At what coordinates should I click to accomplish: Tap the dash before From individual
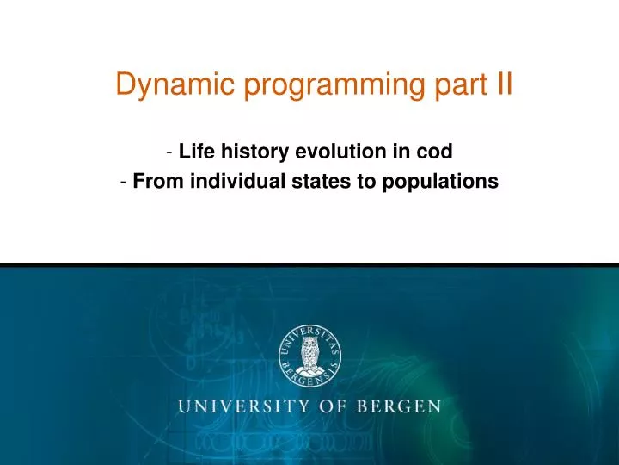coord(126,183)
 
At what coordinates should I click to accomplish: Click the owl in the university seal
coord(309,352)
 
